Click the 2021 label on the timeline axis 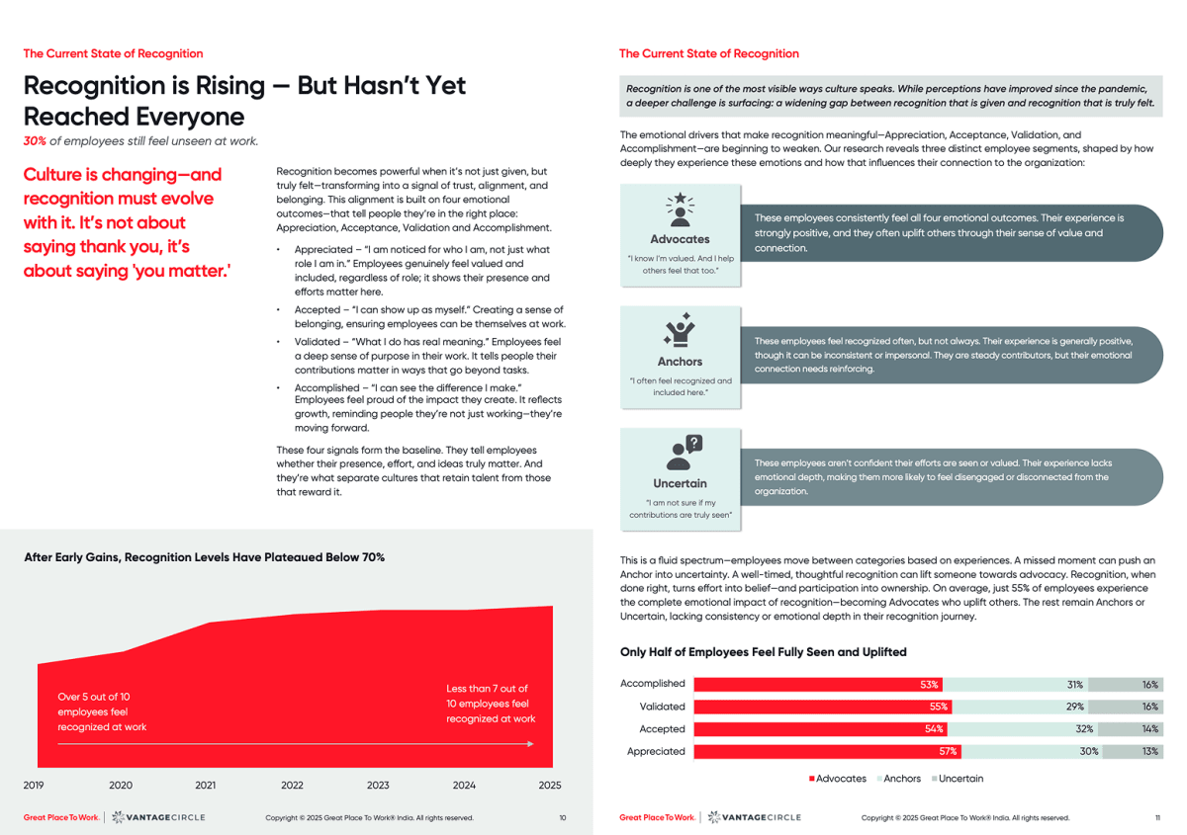pos(207,786)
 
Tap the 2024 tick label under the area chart pos(464,786)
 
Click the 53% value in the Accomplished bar pos(929,684)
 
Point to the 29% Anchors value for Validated pos(1074,707)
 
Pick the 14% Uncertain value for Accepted pos(1149,729)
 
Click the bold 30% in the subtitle pos(36,140)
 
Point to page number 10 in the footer pos(563,818)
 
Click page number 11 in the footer pos(1157,818)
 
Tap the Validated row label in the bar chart pos(662,707)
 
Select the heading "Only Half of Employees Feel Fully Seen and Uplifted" pos(763,652)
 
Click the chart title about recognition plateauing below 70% pos(204,557)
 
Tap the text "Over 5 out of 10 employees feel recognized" pos(102,711)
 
